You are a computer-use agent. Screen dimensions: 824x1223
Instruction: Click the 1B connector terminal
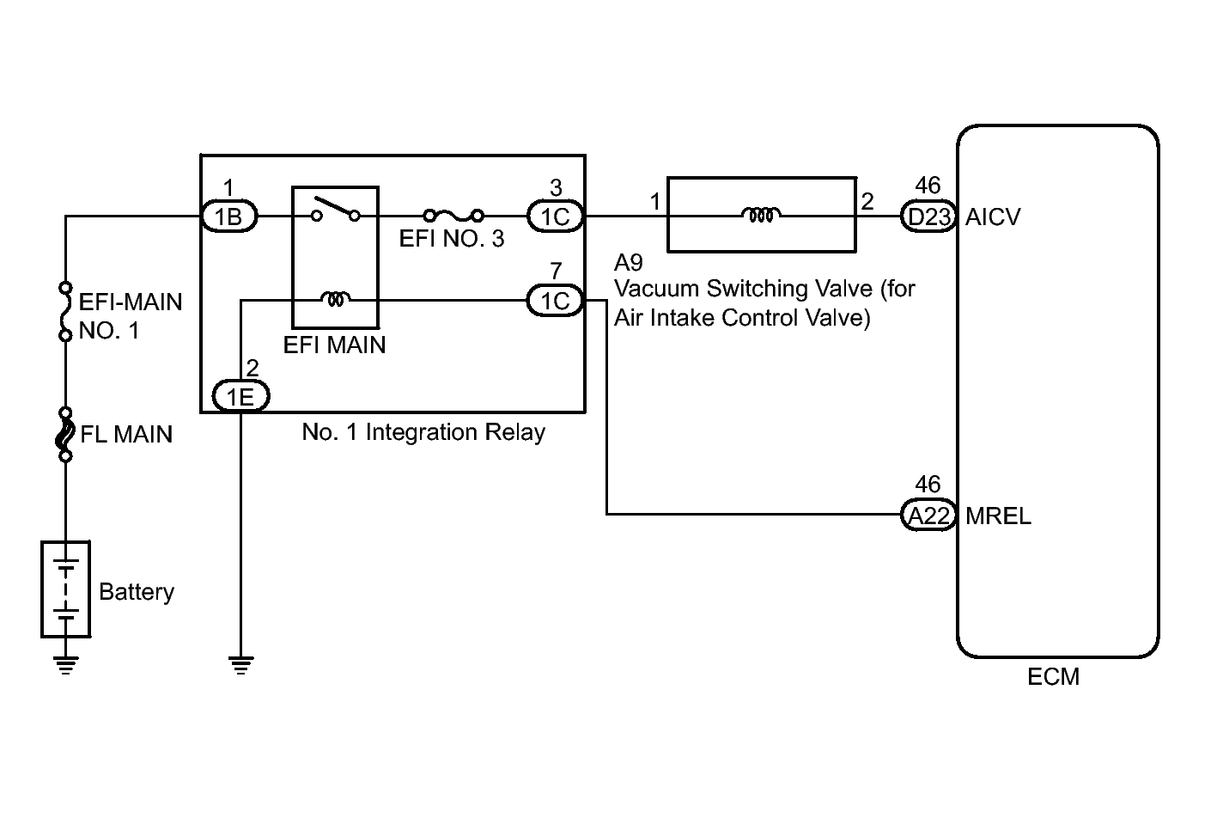click(x=229, y=217)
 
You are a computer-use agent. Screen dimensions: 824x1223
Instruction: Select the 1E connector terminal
click(x=240, y=396)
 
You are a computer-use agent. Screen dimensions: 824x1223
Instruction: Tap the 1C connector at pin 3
click(x=555, y=217)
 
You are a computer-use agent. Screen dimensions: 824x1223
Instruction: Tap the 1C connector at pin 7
click(x=555, y=301)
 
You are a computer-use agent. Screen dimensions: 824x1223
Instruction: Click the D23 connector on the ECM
click(x=928, y=217)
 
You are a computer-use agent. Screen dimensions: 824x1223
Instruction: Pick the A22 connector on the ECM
click(x=928, y=516)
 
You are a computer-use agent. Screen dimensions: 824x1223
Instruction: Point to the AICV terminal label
click(x=993, y=217)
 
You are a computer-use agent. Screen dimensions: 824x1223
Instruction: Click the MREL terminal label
click(x=998, y=516)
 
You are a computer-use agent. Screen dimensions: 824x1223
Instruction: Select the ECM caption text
click(x=1053, y=677)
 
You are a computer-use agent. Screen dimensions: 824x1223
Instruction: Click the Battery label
click(x=137, y=592)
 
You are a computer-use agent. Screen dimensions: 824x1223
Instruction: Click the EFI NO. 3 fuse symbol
click(x=453, y=215)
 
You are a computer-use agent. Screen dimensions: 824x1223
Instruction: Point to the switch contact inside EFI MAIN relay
click(x=335, y=211)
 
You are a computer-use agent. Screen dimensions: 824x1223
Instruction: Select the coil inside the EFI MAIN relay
click(x=335, y=299)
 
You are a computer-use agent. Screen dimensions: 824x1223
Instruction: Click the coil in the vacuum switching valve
click(x=761, y=214)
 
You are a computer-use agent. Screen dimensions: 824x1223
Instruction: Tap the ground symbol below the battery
click(x=65, y=665)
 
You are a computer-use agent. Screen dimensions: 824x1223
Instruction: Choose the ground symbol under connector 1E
click(x=240, y=665)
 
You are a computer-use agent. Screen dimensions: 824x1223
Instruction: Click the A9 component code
click(x=629, y=262)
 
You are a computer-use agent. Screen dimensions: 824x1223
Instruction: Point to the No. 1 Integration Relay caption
click(x=423, y=431)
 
